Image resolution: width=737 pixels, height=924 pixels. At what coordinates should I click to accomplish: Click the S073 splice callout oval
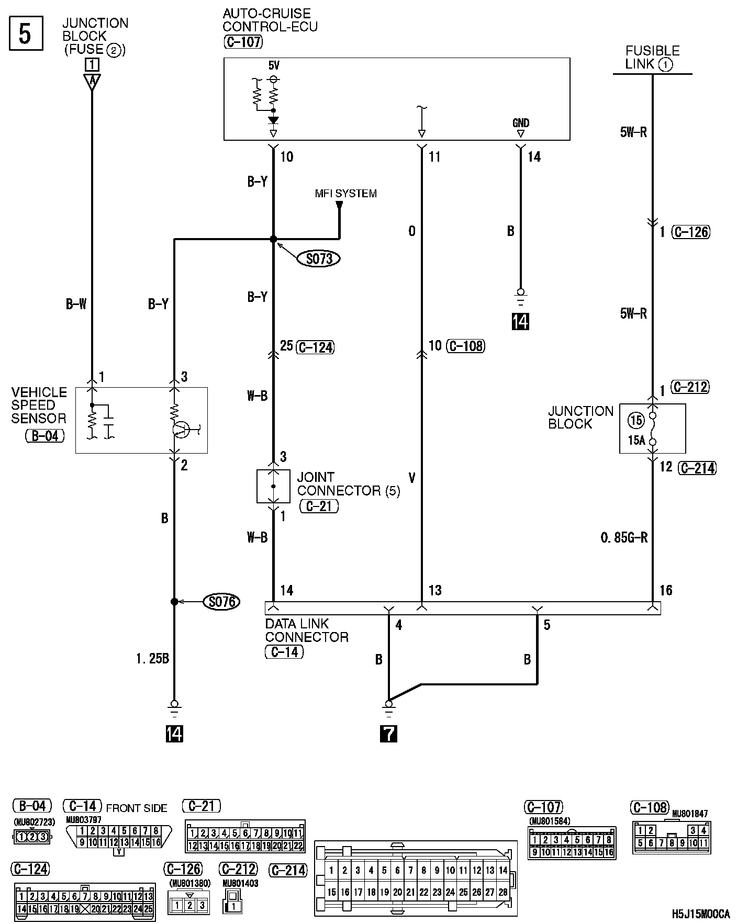[x=319, y=258]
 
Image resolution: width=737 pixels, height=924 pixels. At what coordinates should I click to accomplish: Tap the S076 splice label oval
[x=221, y=602]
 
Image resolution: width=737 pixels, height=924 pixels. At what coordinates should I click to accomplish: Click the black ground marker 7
[x=388, y=734]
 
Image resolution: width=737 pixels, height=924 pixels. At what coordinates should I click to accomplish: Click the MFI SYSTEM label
[x=345, y=194]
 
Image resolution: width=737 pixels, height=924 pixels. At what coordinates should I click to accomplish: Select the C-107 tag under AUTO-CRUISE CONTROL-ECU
[x=243, y=42]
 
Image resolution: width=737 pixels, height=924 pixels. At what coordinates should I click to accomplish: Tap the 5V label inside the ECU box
[x=273, y=66]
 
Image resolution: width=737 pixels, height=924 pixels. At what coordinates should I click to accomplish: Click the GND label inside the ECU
[x=520, y=123]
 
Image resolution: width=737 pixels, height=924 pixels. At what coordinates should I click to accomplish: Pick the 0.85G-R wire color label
[x=624, y=537]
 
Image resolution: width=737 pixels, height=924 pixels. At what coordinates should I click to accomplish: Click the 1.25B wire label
[x=152, y=659]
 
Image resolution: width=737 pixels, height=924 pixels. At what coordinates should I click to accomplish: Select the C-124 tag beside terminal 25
[x=315, y=347]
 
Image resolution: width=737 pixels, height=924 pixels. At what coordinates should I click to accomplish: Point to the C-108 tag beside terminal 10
[x=465, y=346]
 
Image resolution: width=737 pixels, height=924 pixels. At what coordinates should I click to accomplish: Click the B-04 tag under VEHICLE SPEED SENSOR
[x=45, y=435]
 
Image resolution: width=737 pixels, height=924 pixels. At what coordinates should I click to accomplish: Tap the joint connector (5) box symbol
[x=273, y=486]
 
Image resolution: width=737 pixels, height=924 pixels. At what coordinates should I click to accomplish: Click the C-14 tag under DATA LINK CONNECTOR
[x=284, y=652]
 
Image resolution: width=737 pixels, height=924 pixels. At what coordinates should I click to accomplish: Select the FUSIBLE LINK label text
[x=652, y=57]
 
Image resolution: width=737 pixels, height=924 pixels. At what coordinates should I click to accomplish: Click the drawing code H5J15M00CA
[x=701, y=914]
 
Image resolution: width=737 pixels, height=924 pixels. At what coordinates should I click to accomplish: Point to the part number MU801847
[x=689, y=814]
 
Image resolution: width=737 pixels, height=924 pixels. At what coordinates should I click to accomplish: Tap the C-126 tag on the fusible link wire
[x=691, y=232]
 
